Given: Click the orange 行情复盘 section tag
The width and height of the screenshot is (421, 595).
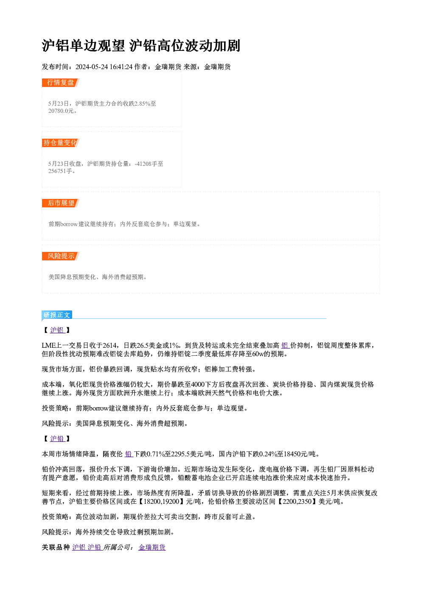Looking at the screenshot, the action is (61, 83).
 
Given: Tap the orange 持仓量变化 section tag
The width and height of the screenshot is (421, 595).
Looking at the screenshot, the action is (61, 143).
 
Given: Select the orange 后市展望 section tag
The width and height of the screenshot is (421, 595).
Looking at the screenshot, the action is (61, 203).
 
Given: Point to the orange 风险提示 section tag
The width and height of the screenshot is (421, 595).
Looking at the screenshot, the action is (61, 256).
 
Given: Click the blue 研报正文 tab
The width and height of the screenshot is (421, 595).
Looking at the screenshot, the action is (57, 315).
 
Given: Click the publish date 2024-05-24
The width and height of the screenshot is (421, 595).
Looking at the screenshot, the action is (92, 67).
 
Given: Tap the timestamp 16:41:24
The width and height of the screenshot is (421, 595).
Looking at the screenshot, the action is (121, 67).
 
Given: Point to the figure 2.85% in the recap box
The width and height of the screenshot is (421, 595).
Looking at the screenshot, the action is (143, 103).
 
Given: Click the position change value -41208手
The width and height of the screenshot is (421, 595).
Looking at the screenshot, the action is (146, 164).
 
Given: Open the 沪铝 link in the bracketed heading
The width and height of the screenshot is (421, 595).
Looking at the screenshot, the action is (57, 330).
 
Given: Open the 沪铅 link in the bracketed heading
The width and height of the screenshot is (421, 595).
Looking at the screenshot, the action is (57, 439).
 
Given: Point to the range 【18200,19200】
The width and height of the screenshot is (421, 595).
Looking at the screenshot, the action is (161, 502).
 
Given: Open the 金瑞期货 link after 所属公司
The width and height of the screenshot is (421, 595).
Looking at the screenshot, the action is (152, 548).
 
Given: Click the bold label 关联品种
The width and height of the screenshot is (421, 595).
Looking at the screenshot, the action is (56, 548).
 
